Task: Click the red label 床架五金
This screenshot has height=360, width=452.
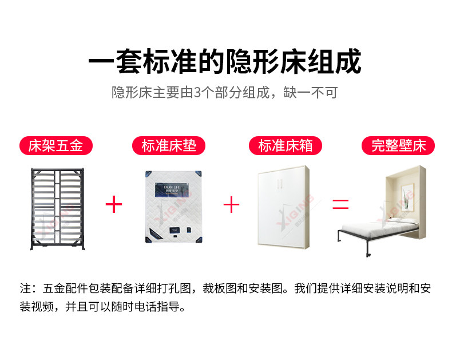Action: pos(55,146)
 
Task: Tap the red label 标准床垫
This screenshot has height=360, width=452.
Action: pos(169,146)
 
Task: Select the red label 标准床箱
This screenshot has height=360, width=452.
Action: pos(284,146)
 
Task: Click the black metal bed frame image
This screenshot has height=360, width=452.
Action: pos(55,207)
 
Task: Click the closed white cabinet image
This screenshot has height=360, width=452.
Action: pos(283,207)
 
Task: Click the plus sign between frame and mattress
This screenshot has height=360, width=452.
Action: pos(114,204)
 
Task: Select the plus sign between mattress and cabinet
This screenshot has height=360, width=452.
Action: pos(231,204)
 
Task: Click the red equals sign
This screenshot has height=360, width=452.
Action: pos(341,204)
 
